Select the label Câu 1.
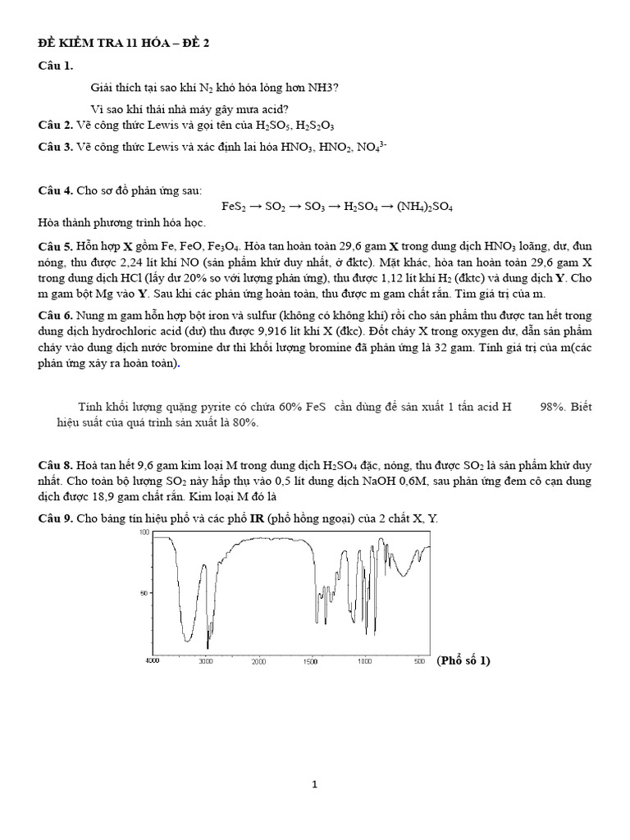(x=56, y=65)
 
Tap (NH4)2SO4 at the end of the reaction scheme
(x=426, y=207)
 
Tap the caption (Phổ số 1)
(x=463, y=661)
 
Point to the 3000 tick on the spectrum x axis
(x=206, y=661)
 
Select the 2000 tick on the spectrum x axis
(x=259, y=661)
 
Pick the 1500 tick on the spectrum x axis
(x=311, y=661)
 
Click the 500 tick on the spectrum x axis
(x=418, y=661)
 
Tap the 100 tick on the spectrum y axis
(x=144, y=532)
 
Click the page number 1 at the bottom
(x=314, y=784)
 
